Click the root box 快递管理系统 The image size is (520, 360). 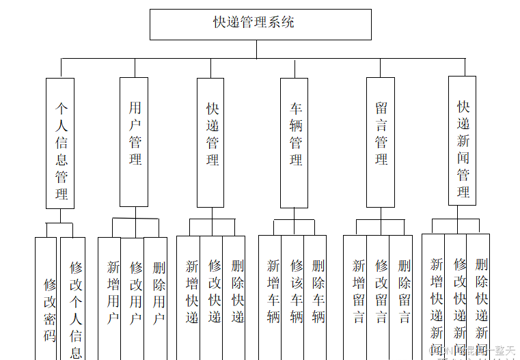[260, 24]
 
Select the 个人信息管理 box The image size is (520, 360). [60, 143]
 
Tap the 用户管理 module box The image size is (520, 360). [134, 141]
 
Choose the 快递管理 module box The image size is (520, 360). [210, 142]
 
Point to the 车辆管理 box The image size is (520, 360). [294, 142]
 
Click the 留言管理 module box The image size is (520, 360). [381, 142]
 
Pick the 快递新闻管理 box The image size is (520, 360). [462, 140]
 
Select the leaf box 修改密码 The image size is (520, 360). [46, 301]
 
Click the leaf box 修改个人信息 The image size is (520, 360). [73, 301]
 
